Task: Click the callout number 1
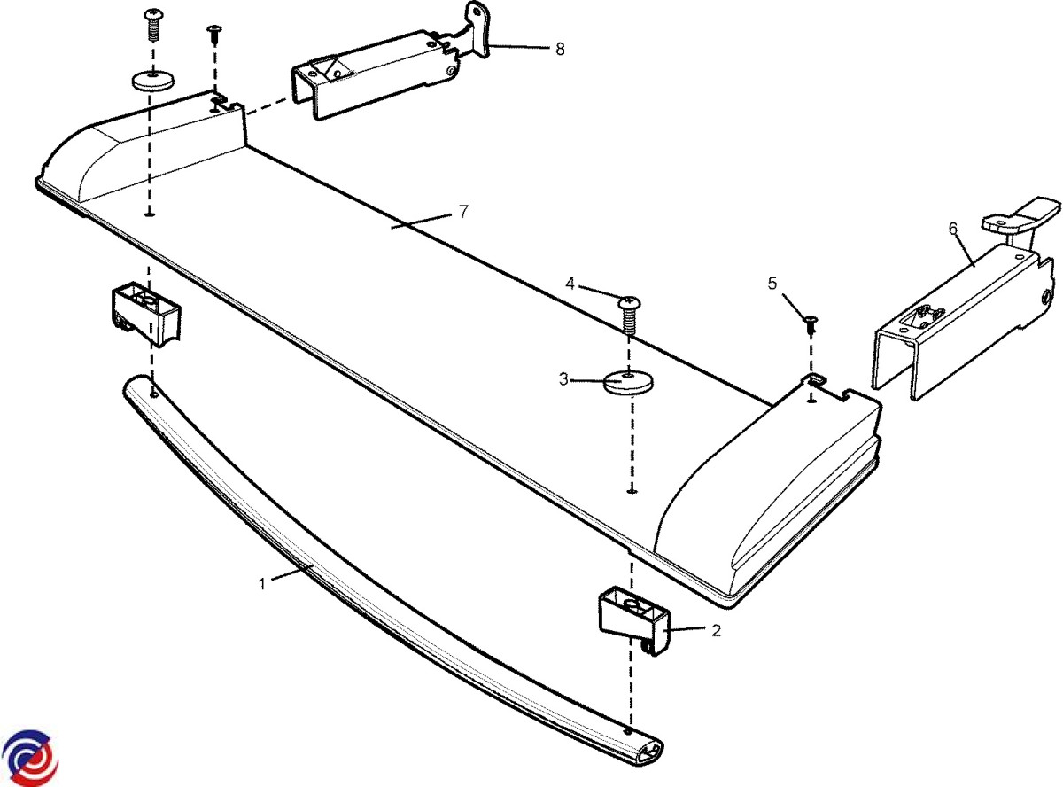[x=262, y=583]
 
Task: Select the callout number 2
[x=716, y=631]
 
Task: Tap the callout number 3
[x=563, y=380]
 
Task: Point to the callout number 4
[x=570, y=284]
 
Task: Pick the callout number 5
[x=772, y=284]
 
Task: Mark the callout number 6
[x=953, y=229]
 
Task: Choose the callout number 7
[x=463, y=212]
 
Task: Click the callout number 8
[x=560, y=49]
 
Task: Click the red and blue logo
[x=30, y=758]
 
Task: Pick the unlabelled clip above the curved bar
[x=145, y=312]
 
